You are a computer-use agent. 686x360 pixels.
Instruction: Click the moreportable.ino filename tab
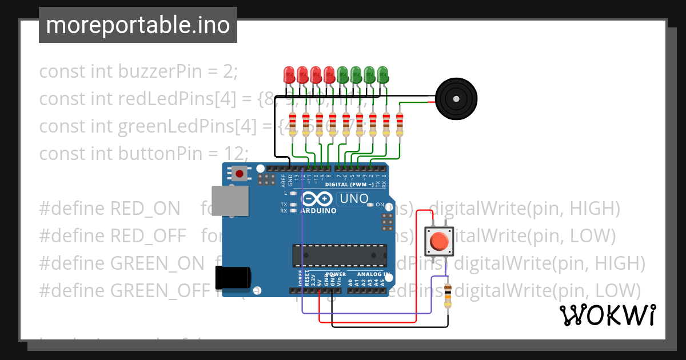(138, 25)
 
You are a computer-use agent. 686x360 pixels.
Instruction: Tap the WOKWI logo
(608, 315)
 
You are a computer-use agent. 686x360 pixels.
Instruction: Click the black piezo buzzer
(456, 99)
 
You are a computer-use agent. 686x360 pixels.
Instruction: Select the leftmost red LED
(289, 74)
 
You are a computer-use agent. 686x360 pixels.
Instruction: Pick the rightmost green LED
(382, 74)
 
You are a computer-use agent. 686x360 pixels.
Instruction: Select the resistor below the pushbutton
(447, 295)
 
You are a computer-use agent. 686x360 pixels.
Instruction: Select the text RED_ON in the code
(146, 209)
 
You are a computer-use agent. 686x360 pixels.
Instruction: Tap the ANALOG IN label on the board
(375, 274)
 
